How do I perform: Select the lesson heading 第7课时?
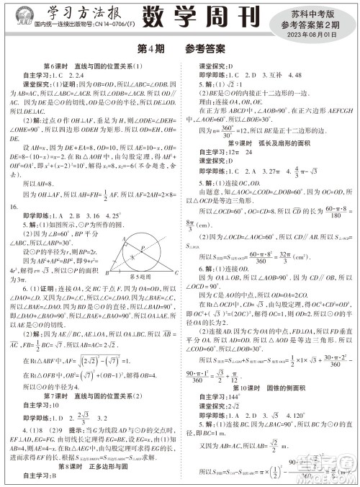pyautogui.click(x=58, y=399)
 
